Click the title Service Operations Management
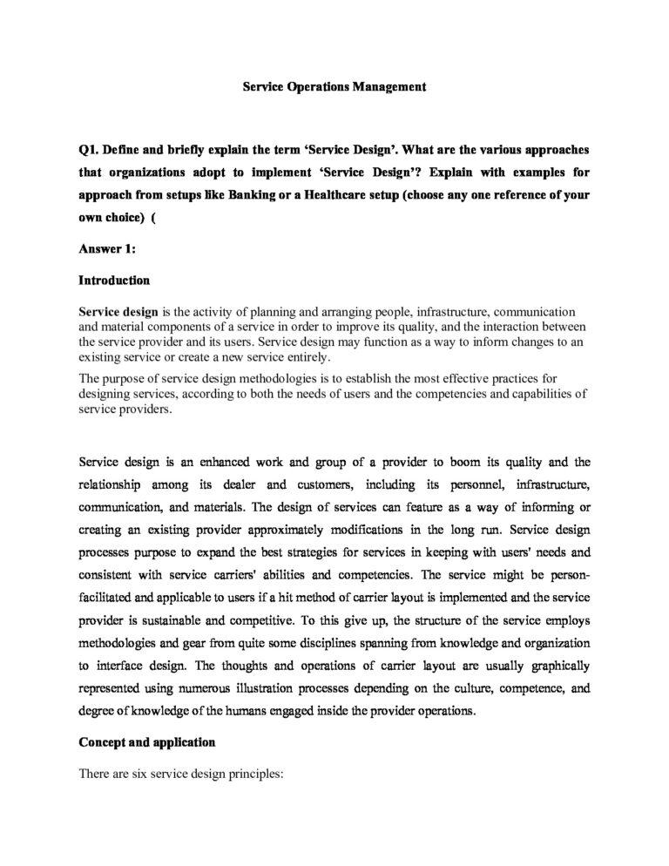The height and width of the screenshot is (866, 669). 334,87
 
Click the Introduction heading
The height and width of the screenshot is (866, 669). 114,281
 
